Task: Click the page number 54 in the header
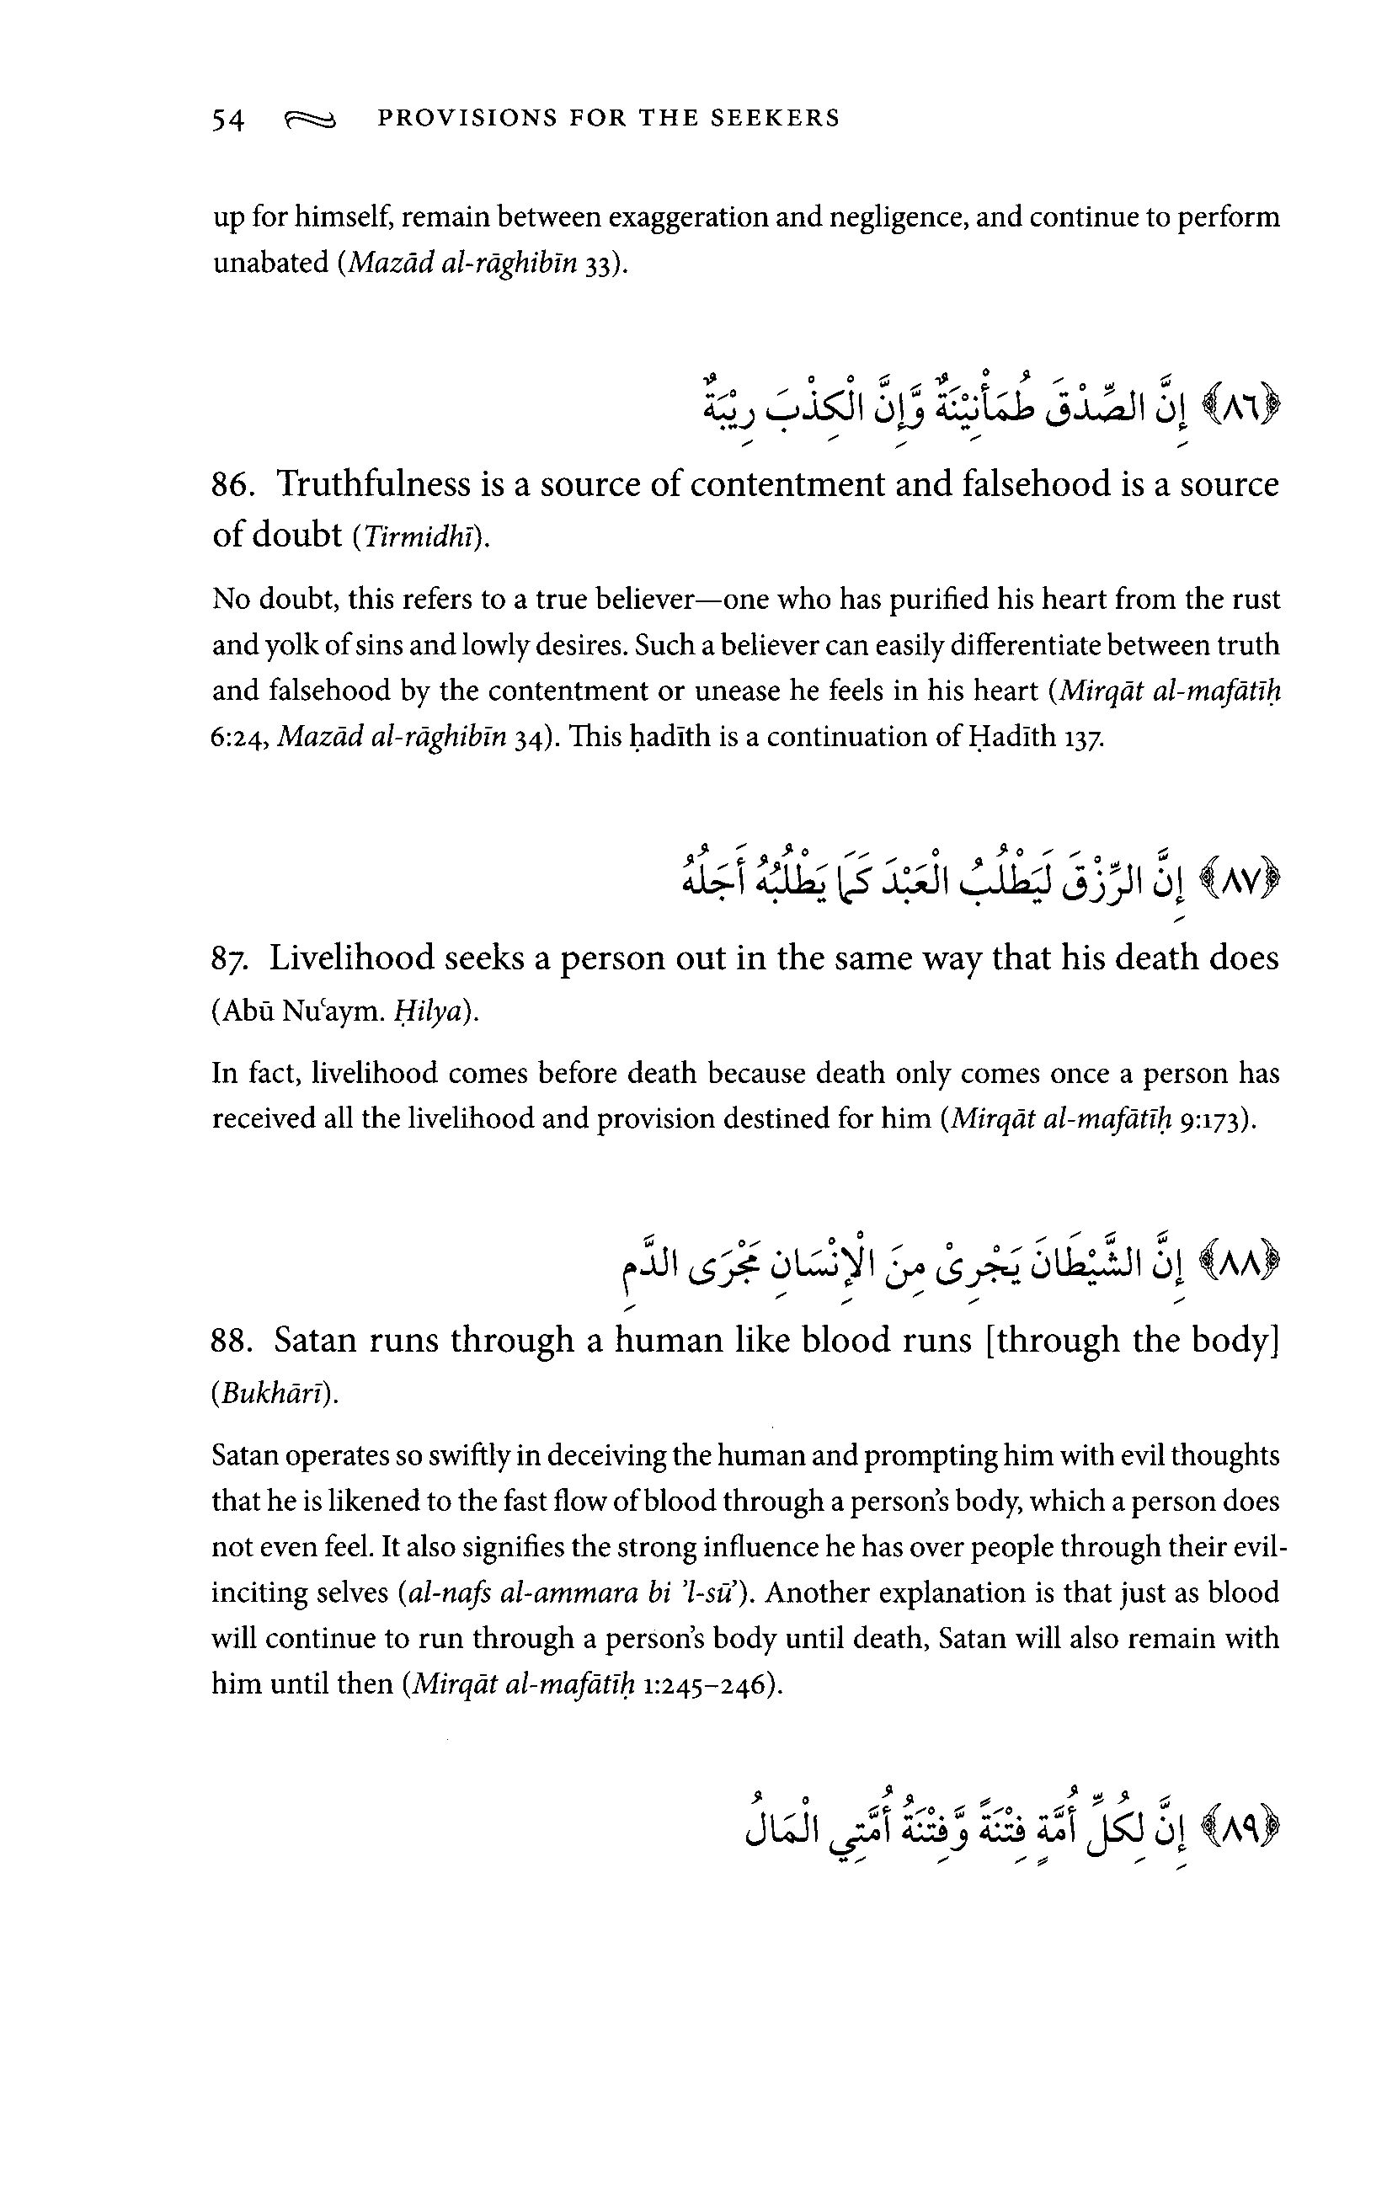pyautogui.click(x=228, y=120)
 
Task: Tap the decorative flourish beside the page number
pyautogui.click(x=311, y=120)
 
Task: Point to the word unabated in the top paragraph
pyautogui.click(x=269, y=264)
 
